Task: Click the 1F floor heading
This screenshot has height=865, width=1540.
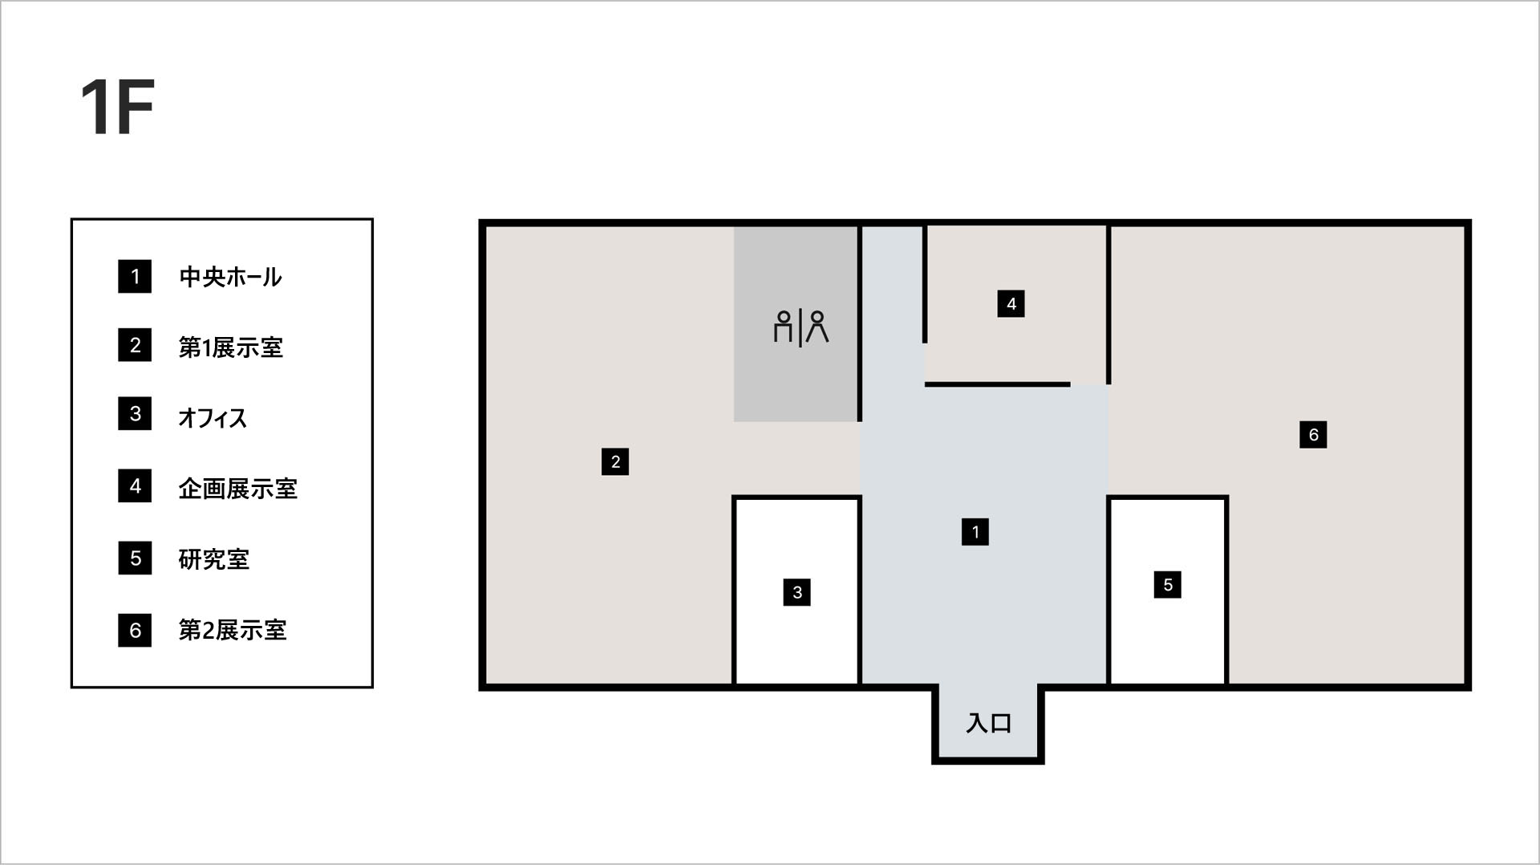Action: [x=117, y=108]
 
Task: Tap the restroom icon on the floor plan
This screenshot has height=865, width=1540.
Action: [x=800, y=327]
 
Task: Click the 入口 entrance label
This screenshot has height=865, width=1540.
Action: [x=988, y=723]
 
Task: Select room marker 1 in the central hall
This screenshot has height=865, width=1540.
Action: [x=975, y=531]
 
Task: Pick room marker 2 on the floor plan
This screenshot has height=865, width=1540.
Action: [x=615, y=461]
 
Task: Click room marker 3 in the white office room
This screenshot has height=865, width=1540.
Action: [x=797, y=592]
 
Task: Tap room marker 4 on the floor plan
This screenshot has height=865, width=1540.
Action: [x=1011, y=303]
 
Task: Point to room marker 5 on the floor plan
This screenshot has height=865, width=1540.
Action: [x=1168, y=584]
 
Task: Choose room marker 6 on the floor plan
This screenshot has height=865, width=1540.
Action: [x=1313, y=434]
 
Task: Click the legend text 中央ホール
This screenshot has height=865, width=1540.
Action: [x=230, y=277]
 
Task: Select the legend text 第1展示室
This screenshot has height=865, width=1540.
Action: [x=230, y=347]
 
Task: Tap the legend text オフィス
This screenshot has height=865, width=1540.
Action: [x=213, y=418]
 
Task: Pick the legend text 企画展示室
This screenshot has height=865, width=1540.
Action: [x=237, y=489]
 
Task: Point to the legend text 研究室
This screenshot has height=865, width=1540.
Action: [x=213, y=559]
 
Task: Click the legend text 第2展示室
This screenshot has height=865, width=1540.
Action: [x=232, y=630]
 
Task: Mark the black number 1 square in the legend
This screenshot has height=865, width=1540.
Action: [x=135, y=277]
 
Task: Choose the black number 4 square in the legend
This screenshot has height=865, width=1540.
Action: [x=135, y=486]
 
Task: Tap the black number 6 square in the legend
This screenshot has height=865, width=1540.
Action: [x=135, y=630]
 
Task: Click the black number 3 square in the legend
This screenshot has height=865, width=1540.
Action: [x=135, y=413]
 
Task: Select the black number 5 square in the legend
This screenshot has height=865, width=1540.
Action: [x=135, y=558]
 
